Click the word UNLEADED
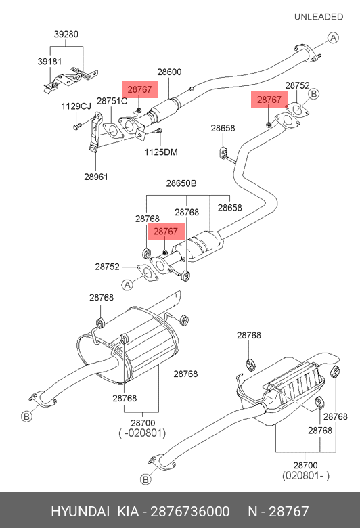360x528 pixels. coord(319,17)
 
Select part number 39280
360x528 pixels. coord(66,35)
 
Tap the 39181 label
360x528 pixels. coord(49,62)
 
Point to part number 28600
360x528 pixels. coord(169,72)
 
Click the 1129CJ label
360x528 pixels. coord(76,106)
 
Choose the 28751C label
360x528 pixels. coord(112,101)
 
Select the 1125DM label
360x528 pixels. coord(161,152)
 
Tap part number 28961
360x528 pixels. coord(96,177)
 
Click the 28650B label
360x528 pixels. coord(181,183)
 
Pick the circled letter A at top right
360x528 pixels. coord(333,38)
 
